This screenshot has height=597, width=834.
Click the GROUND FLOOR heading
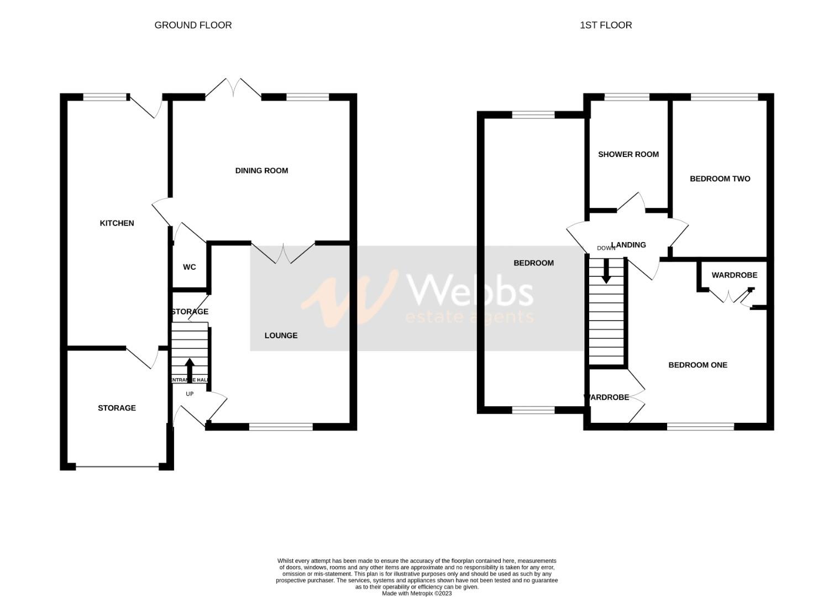pyautogui.click(x=193, y=25)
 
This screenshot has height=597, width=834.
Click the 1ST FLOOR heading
pyautogui.click(x=606, y=25)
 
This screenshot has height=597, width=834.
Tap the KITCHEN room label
pyautogui.click(x=117, y=223)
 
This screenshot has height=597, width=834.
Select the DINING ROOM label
pyautogui.click(x=261, y=171)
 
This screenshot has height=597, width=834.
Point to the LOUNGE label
pyautogui.click(x=281, y=336)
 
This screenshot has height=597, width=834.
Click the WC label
pyautogui.click(x=190, y=268)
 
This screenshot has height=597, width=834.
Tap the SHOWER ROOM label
pyautogui.click(x=628, y=155)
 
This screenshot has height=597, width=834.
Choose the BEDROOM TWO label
pyautogui.click(x=720, y=179)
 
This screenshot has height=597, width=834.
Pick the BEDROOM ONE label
pyautogui.click(x=697, y=365)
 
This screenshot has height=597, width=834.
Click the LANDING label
pyautogui.click(x=629, y=245)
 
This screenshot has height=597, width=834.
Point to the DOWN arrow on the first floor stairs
pyautogui.click(x=606, y=271)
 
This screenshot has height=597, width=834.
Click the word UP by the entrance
pyautogui.click(x=190, y=394)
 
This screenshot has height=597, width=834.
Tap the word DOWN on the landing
pyautogui.click(x=606, y=248)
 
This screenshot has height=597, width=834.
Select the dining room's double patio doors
pyautogui.click(x=234, y=90)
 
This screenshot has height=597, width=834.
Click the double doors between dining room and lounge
pyautogui.click(x=283, y=253)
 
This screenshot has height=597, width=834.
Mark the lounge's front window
pyautogui.click(x=281, y=427)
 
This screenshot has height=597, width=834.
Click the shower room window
pyautogui.click(x=627, y=97)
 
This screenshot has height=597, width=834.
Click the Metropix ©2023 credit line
pyautogui.click(x=417, y=593)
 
